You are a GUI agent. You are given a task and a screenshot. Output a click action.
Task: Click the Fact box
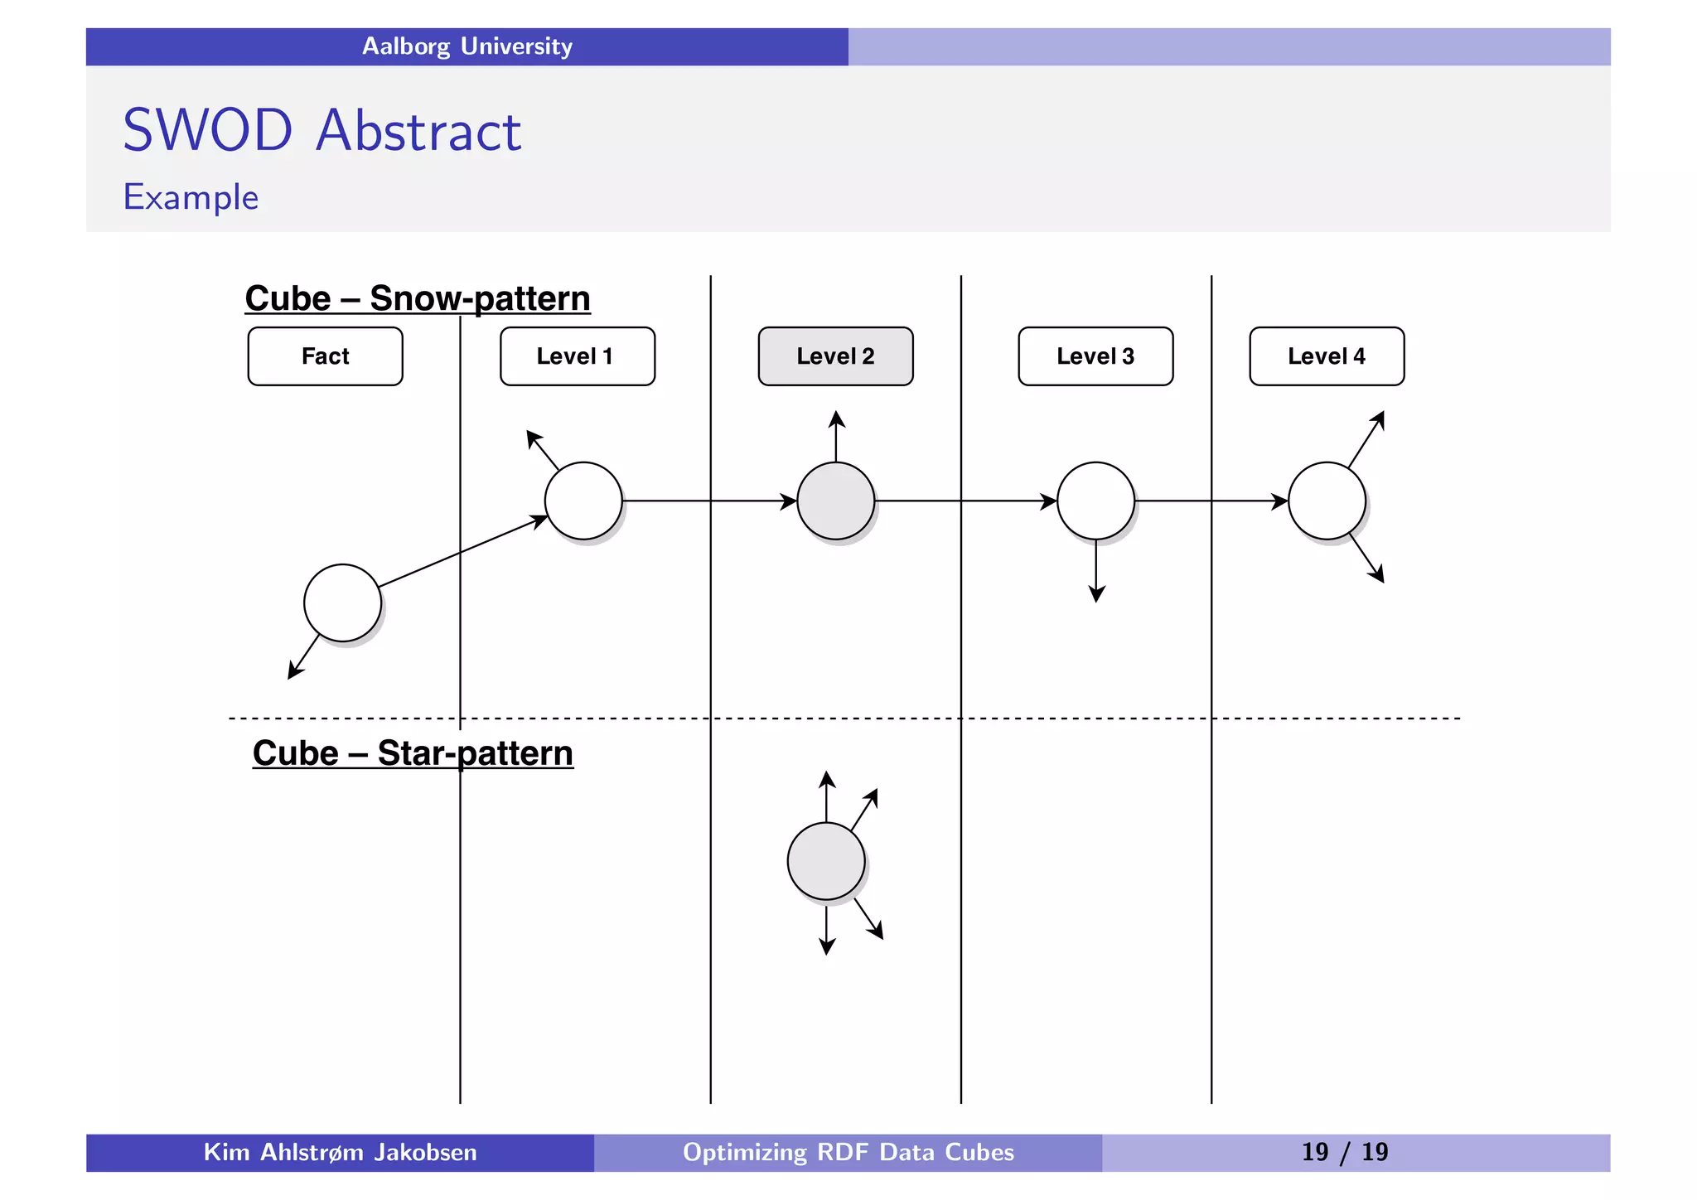[325, 356]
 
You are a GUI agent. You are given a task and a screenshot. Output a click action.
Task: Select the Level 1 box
[577, 356]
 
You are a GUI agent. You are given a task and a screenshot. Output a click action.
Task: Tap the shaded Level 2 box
[835, 356]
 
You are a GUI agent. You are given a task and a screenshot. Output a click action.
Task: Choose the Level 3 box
[1095, 356]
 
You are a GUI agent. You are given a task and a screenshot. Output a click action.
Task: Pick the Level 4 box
[1326, 356]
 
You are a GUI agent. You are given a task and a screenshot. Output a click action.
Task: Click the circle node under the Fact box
[342, 602]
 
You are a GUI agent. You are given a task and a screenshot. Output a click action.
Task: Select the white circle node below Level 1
[583, 501]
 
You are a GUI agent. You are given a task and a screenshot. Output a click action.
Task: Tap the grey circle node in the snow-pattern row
[835, 501]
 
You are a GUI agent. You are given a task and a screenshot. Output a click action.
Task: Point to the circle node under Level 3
[1095, 501]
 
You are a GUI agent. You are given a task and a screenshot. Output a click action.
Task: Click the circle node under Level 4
[1327, 501]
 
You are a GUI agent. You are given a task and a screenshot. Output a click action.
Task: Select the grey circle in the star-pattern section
[826, 861]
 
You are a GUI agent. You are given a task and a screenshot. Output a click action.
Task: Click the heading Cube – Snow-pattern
[418, 298]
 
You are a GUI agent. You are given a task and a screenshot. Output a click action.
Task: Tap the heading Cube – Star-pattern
[413, 753]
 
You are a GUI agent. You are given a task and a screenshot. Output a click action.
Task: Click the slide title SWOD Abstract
[322, 131]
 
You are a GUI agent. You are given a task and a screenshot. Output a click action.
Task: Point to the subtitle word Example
[191, 197]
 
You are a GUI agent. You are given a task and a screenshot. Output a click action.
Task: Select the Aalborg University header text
[467, 46]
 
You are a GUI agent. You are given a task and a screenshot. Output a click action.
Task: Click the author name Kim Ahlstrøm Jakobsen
[340, 1152]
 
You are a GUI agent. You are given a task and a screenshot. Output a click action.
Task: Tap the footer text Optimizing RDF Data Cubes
[848, 1152]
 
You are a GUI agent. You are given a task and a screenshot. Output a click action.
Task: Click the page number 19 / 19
[1344, 1152]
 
